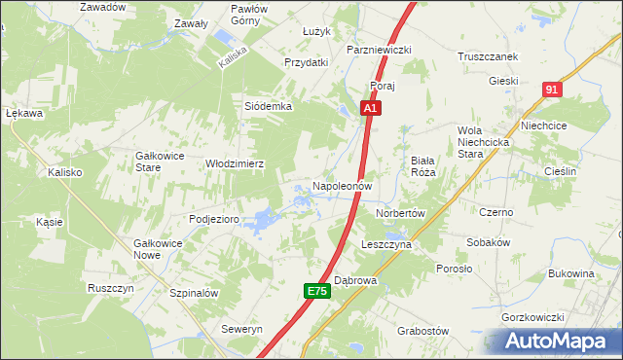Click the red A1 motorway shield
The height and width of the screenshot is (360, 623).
(x=371, y=110)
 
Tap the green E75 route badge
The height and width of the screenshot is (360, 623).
(x=315, y=291)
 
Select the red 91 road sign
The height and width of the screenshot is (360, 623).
(x=552, y=90)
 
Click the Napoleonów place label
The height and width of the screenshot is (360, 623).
(x=342, y=185)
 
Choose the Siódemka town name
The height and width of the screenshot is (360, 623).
(x=268, y=106)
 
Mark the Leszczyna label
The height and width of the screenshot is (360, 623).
(x=386, y=245)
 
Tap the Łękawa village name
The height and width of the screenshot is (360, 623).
(x=24, y=113)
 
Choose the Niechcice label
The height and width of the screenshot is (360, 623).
(x=571, y=126)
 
